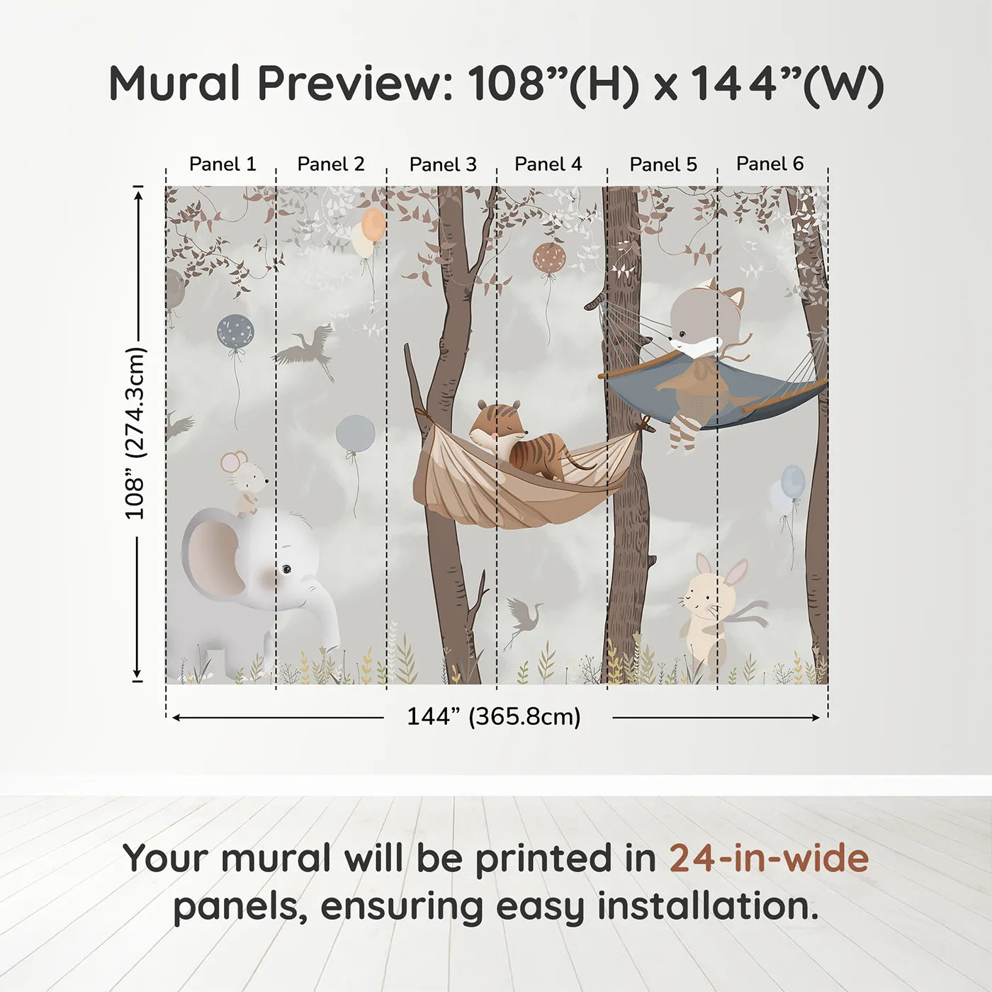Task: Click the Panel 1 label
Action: point(222,164)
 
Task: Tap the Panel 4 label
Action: point(548,164)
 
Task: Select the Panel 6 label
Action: point(770,164)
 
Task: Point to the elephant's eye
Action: point(286,568)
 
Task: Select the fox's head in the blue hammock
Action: point(705,319)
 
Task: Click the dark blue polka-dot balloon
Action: point(235,331)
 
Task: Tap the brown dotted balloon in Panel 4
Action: point(549,258)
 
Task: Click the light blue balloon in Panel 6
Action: point(793,482)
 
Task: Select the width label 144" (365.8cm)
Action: point(494,717)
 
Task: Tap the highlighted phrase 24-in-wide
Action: point(769,859)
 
